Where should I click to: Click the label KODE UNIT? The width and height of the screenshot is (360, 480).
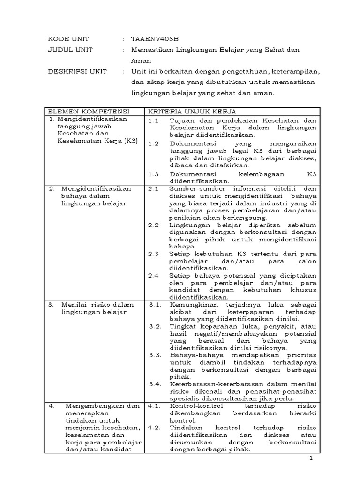coord(68,39)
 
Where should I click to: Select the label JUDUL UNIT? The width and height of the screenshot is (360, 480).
coord(70,50)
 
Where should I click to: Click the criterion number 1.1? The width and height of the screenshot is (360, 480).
coord(153,120)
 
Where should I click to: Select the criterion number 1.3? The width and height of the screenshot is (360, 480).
coord(153,173)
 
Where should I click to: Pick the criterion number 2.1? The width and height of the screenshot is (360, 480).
coord(153,188)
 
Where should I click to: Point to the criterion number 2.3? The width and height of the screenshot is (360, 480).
coord(153,253)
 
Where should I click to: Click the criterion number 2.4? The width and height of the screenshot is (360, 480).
coord(153,275)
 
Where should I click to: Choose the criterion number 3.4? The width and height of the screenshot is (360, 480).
coord(155,384)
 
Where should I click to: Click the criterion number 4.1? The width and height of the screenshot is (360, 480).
coord(155,405)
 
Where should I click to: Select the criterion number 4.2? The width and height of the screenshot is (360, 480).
coord(155,427)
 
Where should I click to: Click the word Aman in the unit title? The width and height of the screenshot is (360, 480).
coord(139,60)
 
